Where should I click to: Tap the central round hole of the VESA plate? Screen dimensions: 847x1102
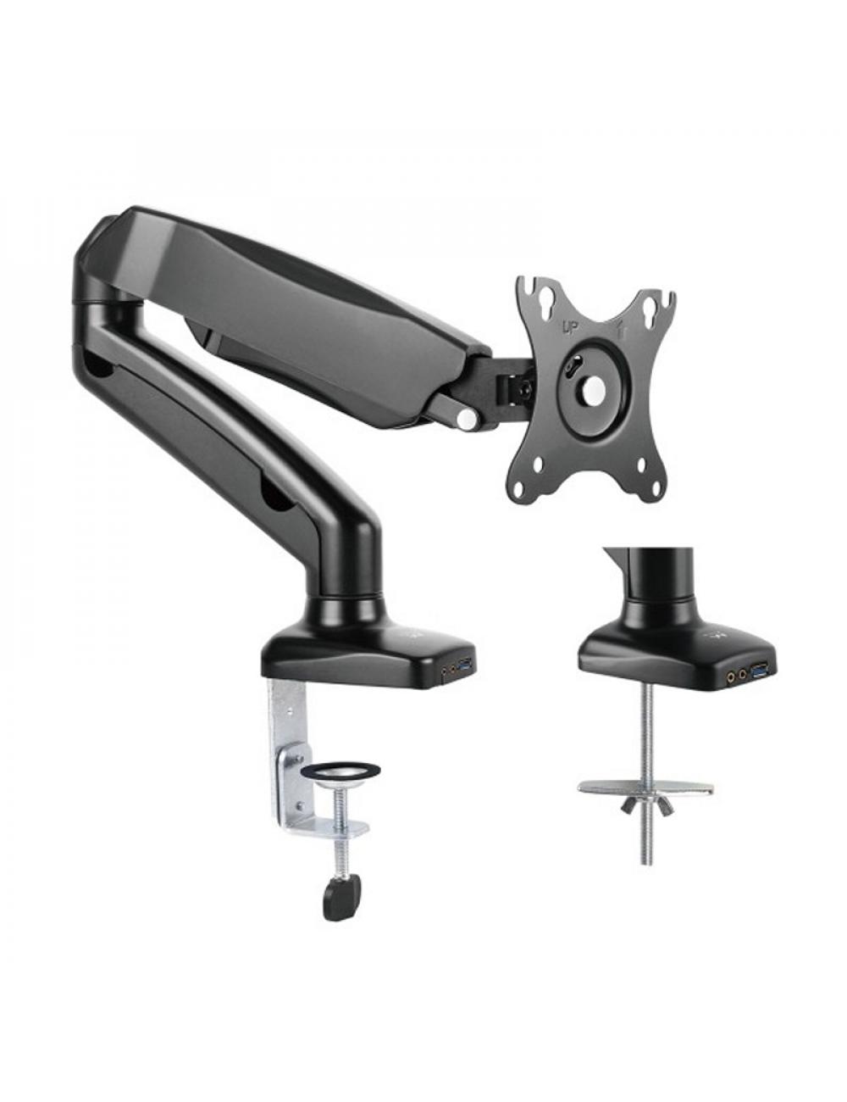coord(590,389)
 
